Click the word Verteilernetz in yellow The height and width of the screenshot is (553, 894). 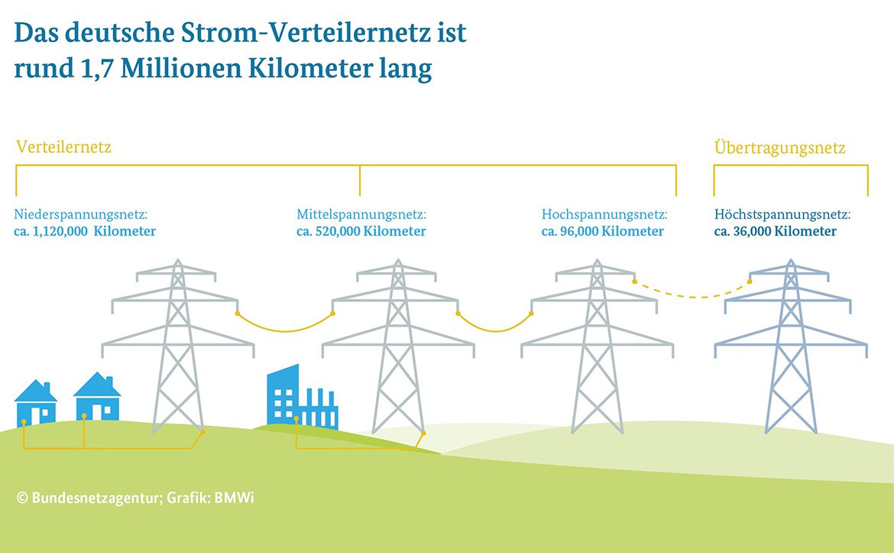point(64,148)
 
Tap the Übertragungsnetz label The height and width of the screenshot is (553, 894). point(779,148)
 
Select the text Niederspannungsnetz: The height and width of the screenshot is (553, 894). point(81,215)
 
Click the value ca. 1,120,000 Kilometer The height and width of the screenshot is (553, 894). point(85,231)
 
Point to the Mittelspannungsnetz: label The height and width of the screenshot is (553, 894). point(361,215)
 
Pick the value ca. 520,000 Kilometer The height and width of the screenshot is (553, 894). point(361,231)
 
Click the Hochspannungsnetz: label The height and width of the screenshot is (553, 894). point(604,215)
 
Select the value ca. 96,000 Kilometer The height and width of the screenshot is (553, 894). point(603,231)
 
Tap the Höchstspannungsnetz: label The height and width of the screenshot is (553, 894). point(782,215)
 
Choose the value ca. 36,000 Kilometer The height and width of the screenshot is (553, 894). point(776,231)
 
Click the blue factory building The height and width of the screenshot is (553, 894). point(302,397)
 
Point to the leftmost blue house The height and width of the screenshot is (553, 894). point(36,403)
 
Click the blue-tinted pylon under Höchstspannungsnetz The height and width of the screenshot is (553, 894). point(791,346)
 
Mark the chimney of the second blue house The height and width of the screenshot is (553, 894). point(109,382)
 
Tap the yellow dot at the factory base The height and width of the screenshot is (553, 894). point(296,419)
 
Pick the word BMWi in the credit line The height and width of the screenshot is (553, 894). point(235,498)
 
